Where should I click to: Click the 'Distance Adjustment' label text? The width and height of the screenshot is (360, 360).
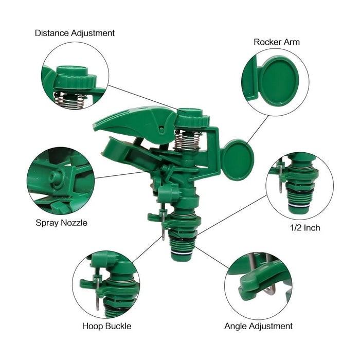tap(75, 33)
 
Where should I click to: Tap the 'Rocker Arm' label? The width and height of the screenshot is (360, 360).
tap(277, 42)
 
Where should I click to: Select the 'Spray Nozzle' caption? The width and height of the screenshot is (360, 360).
tap(61, 223)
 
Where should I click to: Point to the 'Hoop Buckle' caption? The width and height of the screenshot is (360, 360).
tap(106, 326)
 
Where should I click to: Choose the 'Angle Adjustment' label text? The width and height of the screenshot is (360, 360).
tap(258, 326)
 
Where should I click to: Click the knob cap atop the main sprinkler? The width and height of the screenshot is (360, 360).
tap(193, 118)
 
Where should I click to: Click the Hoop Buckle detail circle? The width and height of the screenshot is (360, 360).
tap(106, 284)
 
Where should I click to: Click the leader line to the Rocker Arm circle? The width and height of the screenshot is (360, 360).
tap(257, 129)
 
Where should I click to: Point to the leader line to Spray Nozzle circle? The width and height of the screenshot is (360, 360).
tap(123, 175)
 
